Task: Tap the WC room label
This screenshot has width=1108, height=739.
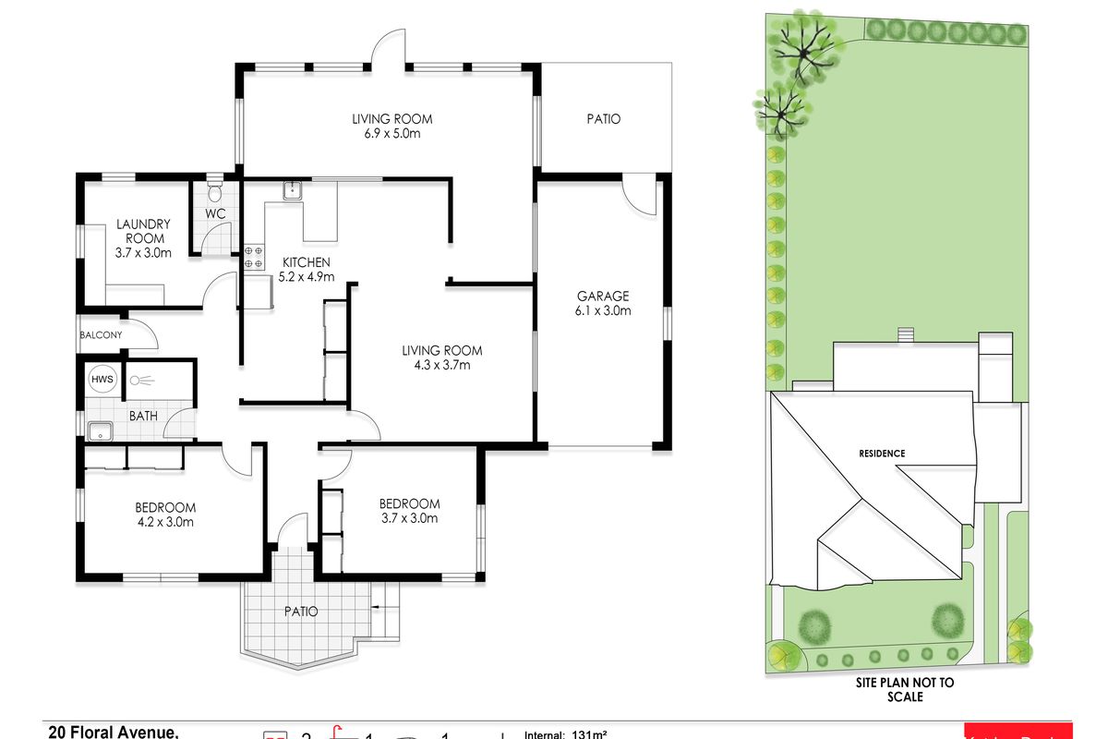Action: (215, 213)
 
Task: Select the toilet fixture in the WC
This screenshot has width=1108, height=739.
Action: (215, 192)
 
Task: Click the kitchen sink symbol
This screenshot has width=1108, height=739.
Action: (293, 190)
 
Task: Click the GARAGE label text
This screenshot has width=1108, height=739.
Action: (603, 296)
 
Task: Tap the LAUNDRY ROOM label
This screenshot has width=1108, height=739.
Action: (143, 231)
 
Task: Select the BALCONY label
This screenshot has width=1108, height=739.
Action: (101, 335)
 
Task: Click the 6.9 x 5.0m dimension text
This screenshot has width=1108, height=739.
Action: (391, 134)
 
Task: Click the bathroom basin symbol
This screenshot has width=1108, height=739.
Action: (99, 430)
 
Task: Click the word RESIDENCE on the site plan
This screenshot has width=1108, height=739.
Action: (882, 454)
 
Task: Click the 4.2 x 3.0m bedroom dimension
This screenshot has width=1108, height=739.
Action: (165, 522)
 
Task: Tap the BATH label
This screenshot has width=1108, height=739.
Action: (143, 416)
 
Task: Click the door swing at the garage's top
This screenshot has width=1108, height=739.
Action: (637, 194)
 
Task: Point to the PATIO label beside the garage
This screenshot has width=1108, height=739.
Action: (604, 119)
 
